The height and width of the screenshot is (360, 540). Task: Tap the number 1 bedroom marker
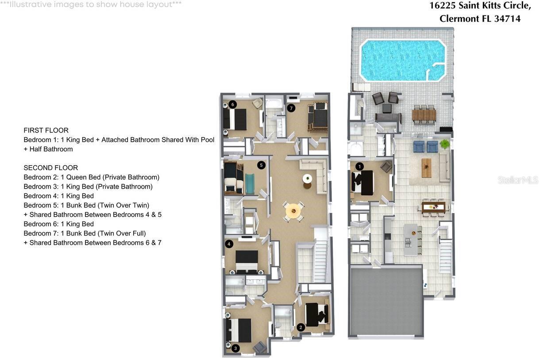point(359,167)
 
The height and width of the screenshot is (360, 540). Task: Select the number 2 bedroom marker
point(301,328)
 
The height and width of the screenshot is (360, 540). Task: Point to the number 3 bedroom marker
point(235,348)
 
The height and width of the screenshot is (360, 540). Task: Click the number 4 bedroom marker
point(229,244)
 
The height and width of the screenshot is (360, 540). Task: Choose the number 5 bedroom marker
point(261,165)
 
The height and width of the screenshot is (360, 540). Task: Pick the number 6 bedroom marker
point(233,105)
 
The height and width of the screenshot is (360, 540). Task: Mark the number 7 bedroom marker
point(291,108)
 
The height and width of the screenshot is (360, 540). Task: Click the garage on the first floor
point(386,301)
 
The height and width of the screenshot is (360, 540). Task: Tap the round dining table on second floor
point(292,211)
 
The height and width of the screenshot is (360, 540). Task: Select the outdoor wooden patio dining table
point(424,115)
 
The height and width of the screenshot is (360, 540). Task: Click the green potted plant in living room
point(444,143)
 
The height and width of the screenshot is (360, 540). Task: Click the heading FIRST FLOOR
point(46,130)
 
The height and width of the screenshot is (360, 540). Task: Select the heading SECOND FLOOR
point(50,168)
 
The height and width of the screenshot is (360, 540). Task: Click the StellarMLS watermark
point(517,180)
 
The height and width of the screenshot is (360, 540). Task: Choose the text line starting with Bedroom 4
point(58,196)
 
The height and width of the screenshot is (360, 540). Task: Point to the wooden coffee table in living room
point(426,168)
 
